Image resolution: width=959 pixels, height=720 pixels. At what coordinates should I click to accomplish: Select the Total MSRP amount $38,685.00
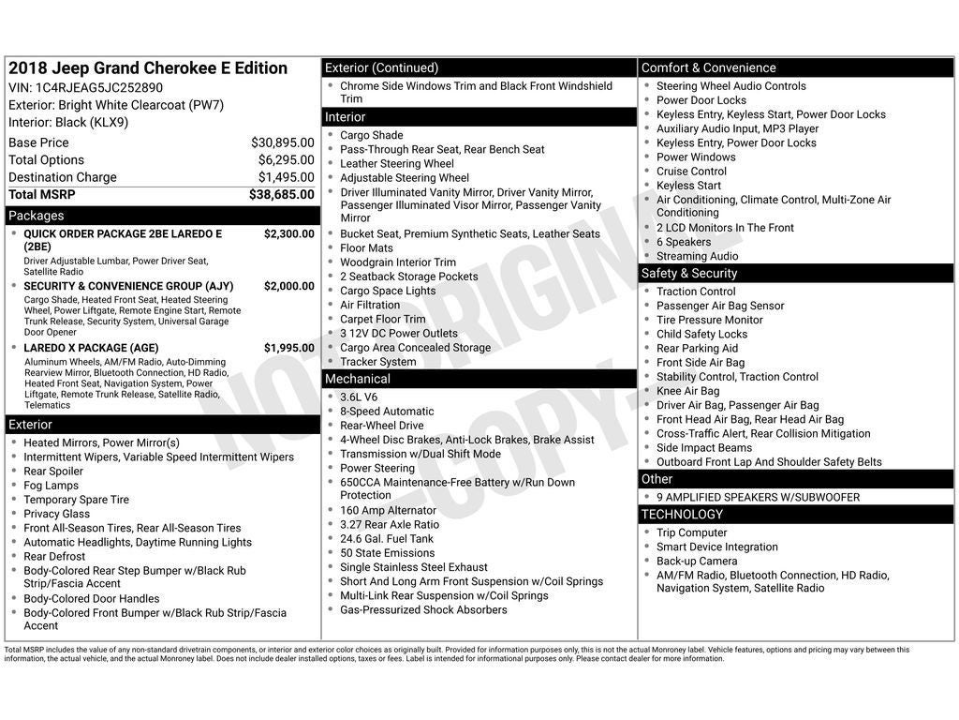pos(281,195)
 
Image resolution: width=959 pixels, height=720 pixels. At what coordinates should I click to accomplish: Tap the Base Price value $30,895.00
pos(282,142)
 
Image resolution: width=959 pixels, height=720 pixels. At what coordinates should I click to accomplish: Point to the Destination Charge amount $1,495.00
pos(286,177)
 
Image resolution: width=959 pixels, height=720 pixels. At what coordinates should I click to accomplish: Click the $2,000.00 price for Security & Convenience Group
pos(288,286)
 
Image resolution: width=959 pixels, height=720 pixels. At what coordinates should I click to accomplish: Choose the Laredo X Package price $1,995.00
pos(288,348)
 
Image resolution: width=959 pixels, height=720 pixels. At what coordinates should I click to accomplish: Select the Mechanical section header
pos(357,379)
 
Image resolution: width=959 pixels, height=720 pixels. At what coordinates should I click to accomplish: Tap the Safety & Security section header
pos(688,274)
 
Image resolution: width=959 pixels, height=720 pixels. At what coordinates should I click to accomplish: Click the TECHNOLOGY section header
pos(682,515)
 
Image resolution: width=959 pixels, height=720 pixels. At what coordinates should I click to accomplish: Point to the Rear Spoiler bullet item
pos(53,472)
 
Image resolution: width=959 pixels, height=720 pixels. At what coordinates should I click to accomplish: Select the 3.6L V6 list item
pos(359,397)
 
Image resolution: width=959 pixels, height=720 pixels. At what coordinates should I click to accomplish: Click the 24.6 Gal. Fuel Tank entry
pos(387,539)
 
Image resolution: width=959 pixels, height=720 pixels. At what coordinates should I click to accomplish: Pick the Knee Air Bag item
pos(687,391)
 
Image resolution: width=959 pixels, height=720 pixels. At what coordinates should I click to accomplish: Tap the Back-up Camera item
pos(696,562)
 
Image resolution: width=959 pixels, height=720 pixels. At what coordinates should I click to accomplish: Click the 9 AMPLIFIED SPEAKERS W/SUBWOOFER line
pos(758,498)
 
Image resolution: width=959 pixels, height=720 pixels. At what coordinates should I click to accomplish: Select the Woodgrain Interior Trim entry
pos(398,262)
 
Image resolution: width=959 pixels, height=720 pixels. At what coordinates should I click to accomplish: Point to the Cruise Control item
pos(691,172)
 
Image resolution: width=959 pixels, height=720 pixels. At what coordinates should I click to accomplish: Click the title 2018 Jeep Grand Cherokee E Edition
pos(148,68)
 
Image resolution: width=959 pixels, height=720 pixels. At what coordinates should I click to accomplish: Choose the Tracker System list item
pos(377,362)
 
